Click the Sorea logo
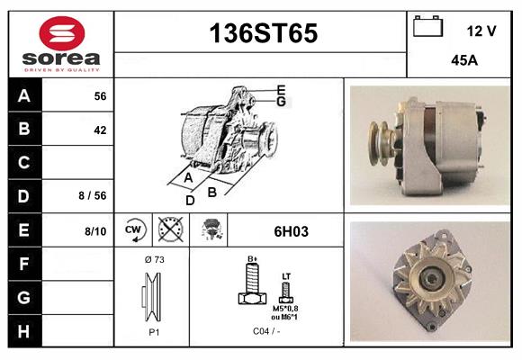click(x=60, y=44)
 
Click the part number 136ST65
click(x=263, y=34)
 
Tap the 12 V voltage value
click(x=481, y=31)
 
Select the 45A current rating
click(x=463, y=62)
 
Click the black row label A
click(x=23, y=95)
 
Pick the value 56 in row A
click(x=100, y=95)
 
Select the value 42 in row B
click(x=100, y=130)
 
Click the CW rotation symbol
click(x=134, y=231)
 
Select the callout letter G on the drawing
click(x=281, y=102)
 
